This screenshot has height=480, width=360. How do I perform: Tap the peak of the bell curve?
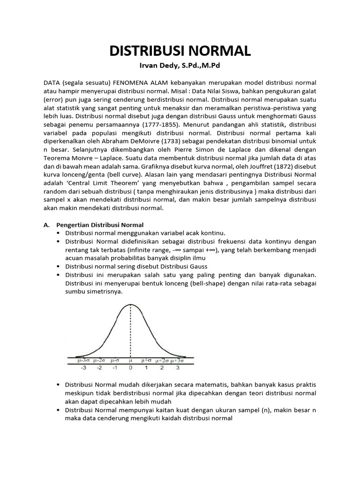point(130,305)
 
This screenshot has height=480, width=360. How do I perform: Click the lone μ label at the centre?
point(131,360)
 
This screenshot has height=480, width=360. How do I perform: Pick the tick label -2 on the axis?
point(99,368)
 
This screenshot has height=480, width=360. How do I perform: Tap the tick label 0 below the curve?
point(131,368)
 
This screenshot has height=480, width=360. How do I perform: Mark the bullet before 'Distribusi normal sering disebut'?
point(59,266)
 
